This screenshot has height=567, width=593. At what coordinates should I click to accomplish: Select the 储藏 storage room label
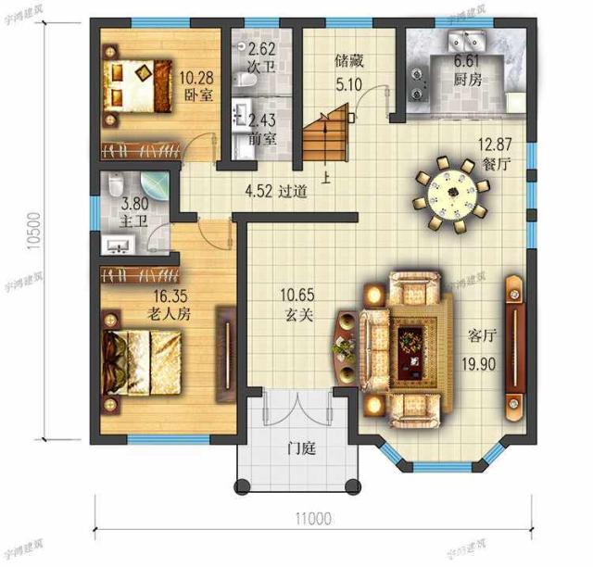347,62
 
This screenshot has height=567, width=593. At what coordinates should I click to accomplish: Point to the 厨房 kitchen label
467,80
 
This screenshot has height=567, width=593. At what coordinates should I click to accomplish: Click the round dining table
452,195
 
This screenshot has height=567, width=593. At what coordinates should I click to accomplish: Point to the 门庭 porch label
302,450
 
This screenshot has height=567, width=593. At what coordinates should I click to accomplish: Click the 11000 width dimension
315,519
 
